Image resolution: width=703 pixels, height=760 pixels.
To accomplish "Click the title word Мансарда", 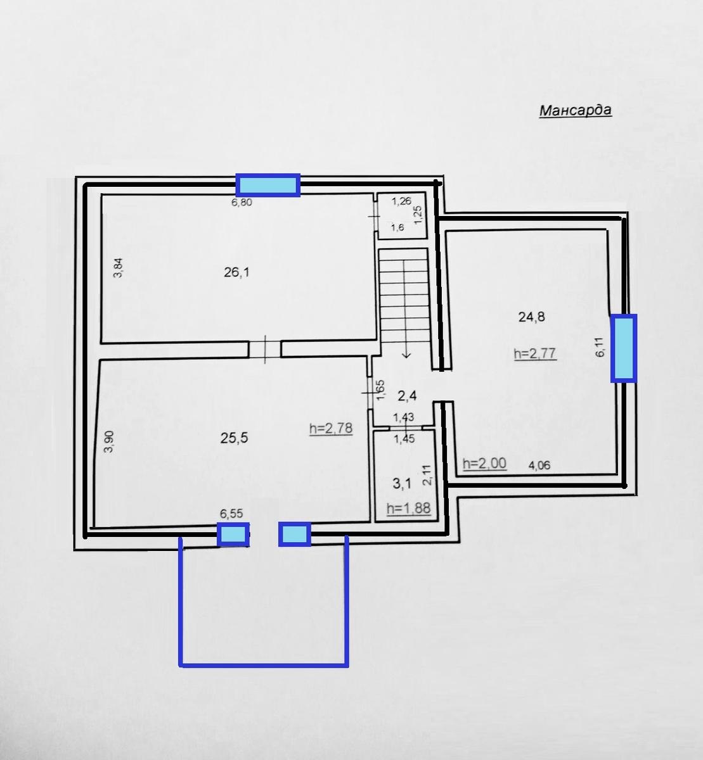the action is pyautogui.click(x=576, y=111).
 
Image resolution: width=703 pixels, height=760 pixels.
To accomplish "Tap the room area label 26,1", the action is pyautogui.click(x=236, y=272).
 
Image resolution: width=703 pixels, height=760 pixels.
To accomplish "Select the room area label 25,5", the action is pyautogui.click(x=234, y=438).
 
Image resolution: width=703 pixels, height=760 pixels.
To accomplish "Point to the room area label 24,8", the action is pyautogui.click(x=532, y=317).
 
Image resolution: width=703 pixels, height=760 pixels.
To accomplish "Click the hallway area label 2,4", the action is pyautogui.click(x=407, y=396).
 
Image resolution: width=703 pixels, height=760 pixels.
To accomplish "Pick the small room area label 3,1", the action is pyautogui.click(x=403, y=484).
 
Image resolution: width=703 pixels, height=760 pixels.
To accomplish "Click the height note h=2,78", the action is pyautogui.click(x=331, y=428).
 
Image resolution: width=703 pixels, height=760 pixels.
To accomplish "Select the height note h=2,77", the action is pyautogui.click(x=535, y=353).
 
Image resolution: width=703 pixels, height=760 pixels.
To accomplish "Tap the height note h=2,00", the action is pyautogui.click(x=485, y=464).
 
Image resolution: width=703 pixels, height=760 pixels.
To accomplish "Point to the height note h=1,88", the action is pyautogui.click(x=409, y=508).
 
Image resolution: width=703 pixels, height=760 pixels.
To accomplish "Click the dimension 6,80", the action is pyautogui.click(x=242, y=202).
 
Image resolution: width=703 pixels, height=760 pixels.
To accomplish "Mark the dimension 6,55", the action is pyautogui.click(x=231, y=514).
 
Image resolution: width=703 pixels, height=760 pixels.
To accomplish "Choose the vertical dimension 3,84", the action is pyautogui.click(x=119, y=268).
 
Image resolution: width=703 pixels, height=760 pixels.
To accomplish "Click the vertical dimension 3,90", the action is pyautogui.click(x=109, y=442).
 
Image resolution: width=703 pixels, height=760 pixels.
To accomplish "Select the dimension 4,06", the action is pyautogui.click(x=539, y=465).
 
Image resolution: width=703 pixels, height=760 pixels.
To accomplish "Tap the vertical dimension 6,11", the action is pyautogui.click(x=600, y=347).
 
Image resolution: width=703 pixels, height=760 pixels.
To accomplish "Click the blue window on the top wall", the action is pyautogui.click(x=268, y=185).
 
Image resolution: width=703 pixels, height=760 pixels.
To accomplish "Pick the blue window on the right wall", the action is pyautogui.click(x=624, y=348).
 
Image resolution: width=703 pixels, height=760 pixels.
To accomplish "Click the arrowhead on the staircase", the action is pyautogui.click(x=406, y=355).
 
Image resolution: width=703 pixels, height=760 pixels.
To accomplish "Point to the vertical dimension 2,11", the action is pyautogui.click(x=427, y=475).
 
